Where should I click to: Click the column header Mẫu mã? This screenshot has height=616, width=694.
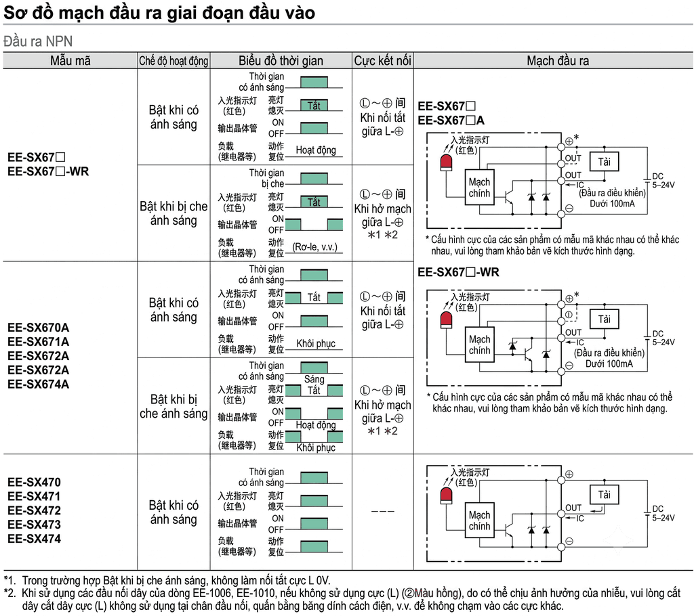point(70,60)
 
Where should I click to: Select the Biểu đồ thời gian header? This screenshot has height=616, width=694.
point(281,60)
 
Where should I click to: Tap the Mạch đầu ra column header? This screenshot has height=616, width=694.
point(558,60)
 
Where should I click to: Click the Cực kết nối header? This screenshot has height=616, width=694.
point(382,60)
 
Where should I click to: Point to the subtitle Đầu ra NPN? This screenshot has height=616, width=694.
point(38,41)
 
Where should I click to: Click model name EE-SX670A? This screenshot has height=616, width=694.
point(38,328)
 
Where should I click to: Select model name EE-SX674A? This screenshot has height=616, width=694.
point(38,384)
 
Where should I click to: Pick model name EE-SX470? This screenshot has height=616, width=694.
point(34,482)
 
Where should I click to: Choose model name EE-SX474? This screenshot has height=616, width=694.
point(34,539)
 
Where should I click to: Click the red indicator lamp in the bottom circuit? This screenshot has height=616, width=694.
point(446,496)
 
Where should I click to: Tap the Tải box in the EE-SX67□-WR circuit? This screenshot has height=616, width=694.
point(604,319)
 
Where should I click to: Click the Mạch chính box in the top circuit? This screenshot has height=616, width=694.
point(479,188)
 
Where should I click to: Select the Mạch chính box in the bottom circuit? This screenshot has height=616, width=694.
point(479,521)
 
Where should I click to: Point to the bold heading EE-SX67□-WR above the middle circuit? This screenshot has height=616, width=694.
point(458,272)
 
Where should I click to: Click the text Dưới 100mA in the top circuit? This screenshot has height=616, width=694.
point(612,204)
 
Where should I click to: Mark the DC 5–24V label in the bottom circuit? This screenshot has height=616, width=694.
point(663,513)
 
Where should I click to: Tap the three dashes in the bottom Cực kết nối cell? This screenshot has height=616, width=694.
point(382,511)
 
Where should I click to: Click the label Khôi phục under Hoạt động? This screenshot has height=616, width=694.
point(316,447)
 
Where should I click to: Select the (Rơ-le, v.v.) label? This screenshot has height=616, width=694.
point(314,247)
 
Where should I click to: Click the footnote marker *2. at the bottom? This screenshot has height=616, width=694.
point(9,593)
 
